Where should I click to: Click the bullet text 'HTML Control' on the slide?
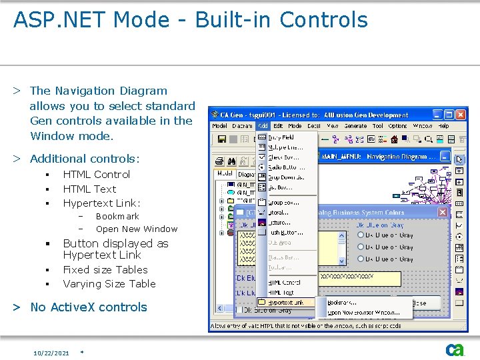[96, 174]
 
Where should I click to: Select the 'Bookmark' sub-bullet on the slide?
[117, 216]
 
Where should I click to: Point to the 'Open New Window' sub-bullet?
[136, 229]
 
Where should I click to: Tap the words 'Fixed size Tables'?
[105, 269]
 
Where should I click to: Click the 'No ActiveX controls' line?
[88, 307]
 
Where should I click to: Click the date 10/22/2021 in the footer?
[51, 353]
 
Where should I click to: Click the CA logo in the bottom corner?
[455, 349]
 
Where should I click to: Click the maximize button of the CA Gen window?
[450, 115]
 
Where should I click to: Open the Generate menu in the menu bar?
[355, 126]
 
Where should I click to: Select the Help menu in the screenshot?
[443, 126]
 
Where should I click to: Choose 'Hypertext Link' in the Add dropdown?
[285, 303]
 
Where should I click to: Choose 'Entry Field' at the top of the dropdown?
[281, 137]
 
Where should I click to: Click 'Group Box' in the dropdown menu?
[283, 202]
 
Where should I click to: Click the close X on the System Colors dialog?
[443, 212]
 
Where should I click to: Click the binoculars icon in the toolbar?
[231, 161]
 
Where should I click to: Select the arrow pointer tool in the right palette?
[459, 160]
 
